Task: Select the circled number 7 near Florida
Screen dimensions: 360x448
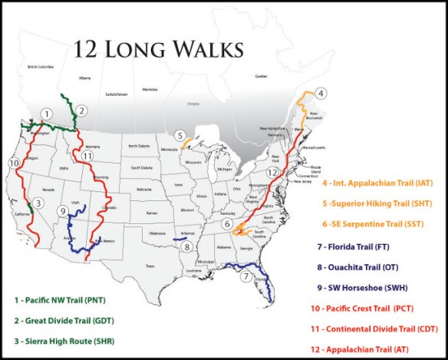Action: pyautogui.click(x=245, y=276)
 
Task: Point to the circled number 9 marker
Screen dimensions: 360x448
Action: pyautogui.click(x=61, y=210)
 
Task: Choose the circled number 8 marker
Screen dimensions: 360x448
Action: pyautogui.click(x=186, y=247)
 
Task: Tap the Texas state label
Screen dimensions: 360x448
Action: pyautogui.click(x=150, y=266)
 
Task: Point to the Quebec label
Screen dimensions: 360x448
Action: pyautogui.click(x=262, y=75)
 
